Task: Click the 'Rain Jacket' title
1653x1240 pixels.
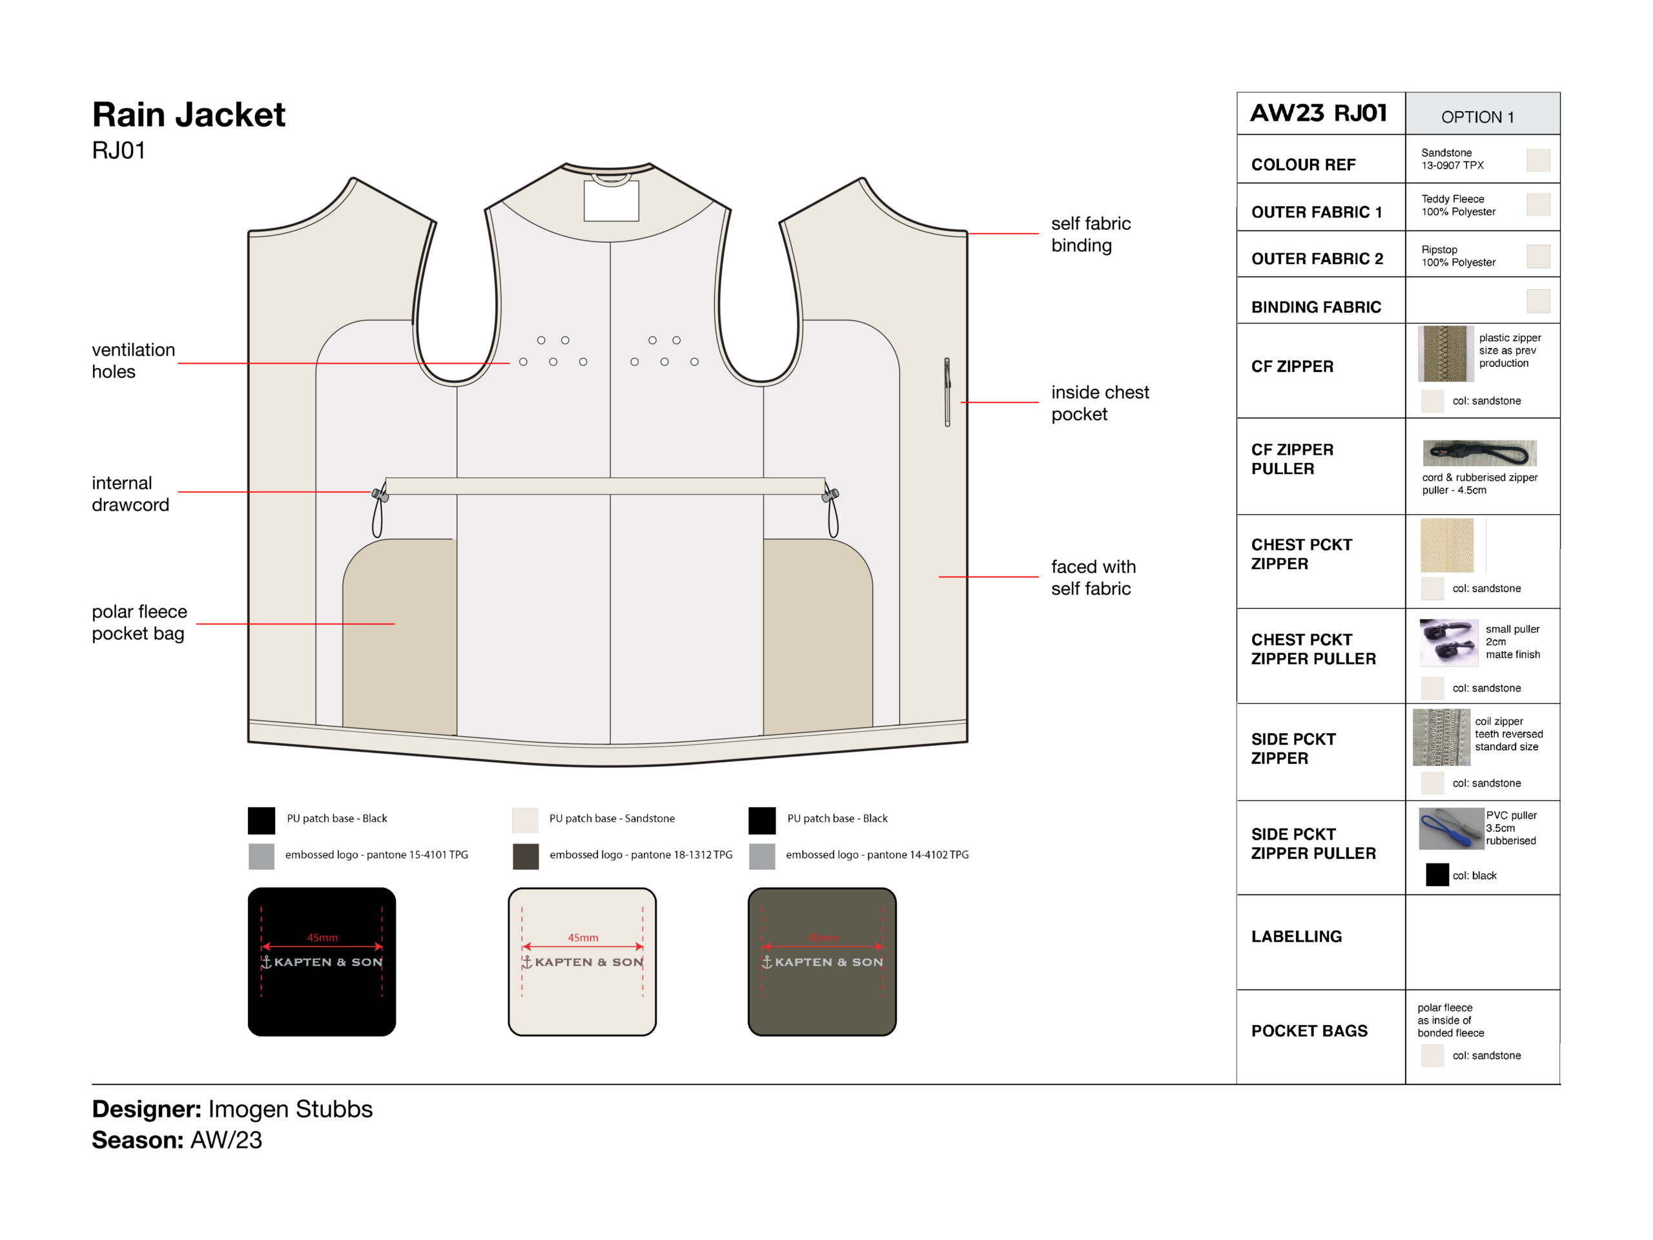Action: (x=189, y=115)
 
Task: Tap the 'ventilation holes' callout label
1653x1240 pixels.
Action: (x=133, y=360)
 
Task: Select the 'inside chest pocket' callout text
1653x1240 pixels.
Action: (x=1099, y=403)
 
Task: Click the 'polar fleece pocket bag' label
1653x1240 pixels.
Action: (x=139, y=622)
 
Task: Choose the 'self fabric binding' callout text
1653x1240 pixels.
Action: (x=1091, y=234)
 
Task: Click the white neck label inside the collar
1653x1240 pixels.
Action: (x=611, y=200)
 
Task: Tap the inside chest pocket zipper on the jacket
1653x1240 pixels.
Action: (x=947, y=391)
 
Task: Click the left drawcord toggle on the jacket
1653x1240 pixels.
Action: (x=380, y=494)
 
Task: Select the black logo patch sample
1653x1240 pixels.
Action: (x=322, y=961)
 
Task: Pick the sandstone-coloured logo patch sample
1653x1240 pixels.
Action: (x=582, y=961)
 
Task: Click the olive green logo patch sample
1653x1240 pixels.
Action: (x=822, y=961)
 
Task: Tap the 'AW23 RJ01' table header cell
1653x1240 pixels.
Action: (x=1320, y=113)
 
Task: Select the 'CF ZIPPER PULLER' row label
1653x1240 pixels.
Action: (x=1292, y=459)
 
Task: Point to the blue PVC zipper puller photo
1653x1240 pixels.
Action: (x=1450, y=828)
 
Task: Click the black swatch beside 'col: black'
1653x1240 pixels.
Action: (x=1437, y=874)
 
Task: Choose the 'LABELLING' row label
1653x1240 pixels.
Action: (x=1297, y=936)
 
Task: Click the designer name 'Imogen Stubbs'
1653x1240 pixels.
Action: (x=290, y=1109)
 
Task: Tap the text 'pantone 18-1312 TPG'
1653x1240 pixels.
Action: (x=681, y=854)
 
